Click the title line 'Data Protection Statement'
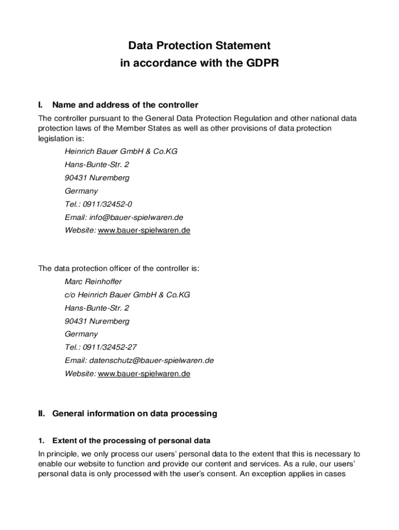click(x=199, y=46)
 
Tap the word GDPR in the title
click(x=261, y=63)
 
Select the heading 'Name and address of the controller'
click(x=125, y=105)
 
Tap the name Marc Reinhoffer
click(x=93, y=282)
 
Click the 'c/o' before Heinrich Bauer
click(x=70, y=295)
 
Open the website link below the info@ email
click(x=144, y=231)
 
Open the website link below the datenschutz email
click(x=144, y=374)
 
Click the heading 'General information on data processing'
click(x=135, y=414)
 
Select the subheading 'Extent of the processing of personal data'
click(x=131, y=441)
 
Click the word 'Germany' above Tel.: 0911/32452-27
click(x=81, y=334)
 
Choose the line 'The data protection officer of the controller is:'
click(x=119, y=269)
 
